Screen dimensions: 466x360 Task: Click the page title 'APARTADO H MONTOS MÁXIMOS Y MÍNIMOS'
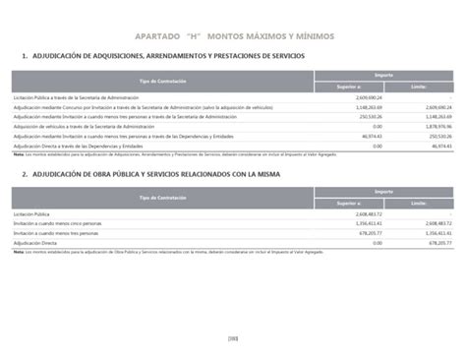(x=233, y=34)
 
